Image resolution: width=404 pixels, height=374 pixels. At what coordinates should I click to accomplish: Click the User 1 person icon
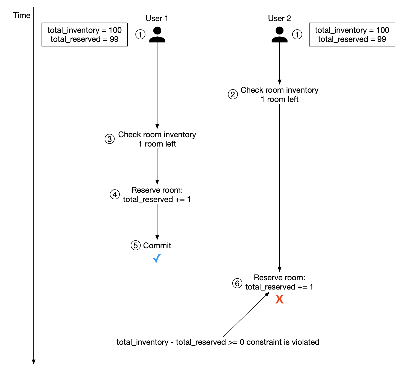click(157, 35)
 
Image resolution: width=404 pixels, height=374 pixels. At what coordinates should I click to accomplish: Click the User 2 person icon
click(279, 35)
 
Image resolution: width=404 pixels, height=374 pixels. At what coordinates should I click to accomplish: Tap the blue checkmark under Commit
click(157, 258)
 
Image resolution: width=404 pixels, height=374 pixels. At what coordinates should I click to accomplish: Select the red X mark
click(279, 299)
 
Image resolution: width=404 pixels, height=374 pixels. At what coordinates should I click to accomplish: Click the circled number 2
click(233, 95)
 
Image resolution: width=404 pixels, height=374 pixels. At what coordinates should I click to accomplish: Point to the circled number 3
click(110, 139)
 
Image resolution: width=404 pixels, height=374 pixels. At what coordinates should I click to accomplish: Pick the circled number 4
click(115, 195)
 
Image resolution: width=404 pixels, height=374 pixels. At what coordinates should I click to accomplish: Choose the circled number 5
click(136, 246)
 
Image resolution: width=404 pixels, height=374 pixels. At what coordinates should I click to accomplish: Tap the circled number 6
click(237, 284)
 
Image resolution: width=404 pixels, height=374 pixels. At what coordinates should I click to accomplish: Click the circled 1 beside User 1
click(140, 34)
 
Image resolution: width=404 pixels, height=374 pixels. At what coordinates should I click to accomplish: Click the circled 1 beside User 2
click(297, 34)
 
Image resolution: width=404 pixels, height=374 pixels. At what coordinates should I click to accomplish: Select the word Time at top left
click(22, 15)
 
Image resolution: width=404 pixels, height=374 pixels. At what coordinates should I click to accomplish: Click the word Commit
click(157, 246)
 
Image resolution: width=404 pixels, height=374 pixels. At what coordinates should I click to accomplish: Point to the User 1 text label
click(157, 18)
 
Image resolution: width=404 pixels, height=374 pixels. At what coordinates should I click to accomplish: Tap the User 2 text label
click(279, 18)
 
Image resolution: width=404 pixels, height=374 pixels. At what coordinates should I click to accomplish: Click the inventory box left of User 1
click(84, 34)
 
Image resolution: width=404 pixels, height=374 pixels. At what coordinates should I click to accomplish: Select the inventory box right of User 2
click(352, 34)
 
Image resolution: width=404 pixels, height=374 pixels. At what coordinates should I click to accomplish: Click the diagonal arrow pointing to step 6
click(246, 315)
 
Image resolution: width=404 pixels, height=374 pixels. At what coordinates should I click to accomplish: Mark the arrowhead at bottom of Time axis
click(34, 362)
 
